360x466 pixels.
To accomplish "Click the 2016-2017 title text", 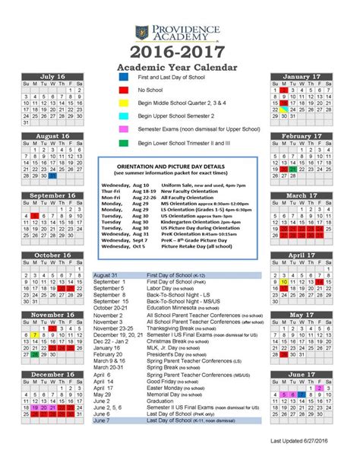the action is click(x=179, y=52).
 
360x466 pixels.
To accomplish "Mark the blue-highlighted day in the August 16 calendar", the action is click(x=52, y=175).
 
